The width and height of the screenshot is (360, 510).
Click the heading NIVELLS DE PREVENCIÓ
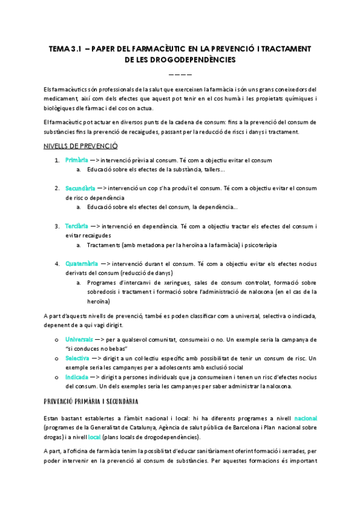point(81,146)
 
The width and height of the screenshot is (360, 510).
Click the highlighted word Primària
point(77,160)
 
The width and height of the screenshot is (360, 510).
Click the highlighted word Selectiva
point(78,358)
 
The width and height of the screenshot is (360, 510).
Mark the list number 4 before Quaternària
point(56,263)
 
